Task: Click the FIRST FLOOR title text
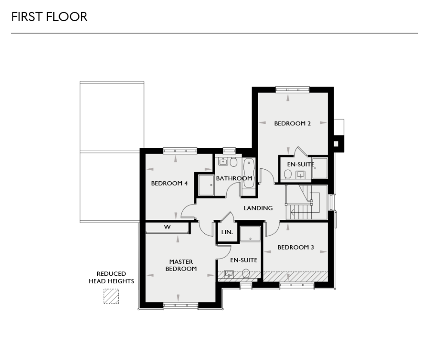coord(49,17)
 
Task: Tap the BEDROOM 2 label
coord(292,124)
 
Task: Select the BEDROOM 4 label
coord(169,183)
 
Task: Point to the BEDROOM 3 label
coord(295,247)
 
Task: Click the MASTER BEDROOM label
coord(181,265)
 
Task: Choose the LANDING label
coord(258,208)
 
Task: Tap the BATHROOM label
coord(233,178)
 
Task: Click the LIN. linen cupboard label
coord(227,232)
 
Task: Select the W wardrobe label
coord(167,227)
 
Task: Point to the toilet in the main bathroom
coord(234,162)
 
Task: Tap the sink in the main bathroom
coord(223,162)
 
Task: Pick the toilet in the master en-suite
coord(246,273)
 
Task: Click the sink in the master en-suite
coord(229,273)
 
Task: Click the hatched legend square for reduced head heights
coord(111,296)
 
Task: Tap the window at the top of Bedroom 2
coord(292,89)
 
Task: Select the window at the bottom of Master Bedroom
coord(181,305)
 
